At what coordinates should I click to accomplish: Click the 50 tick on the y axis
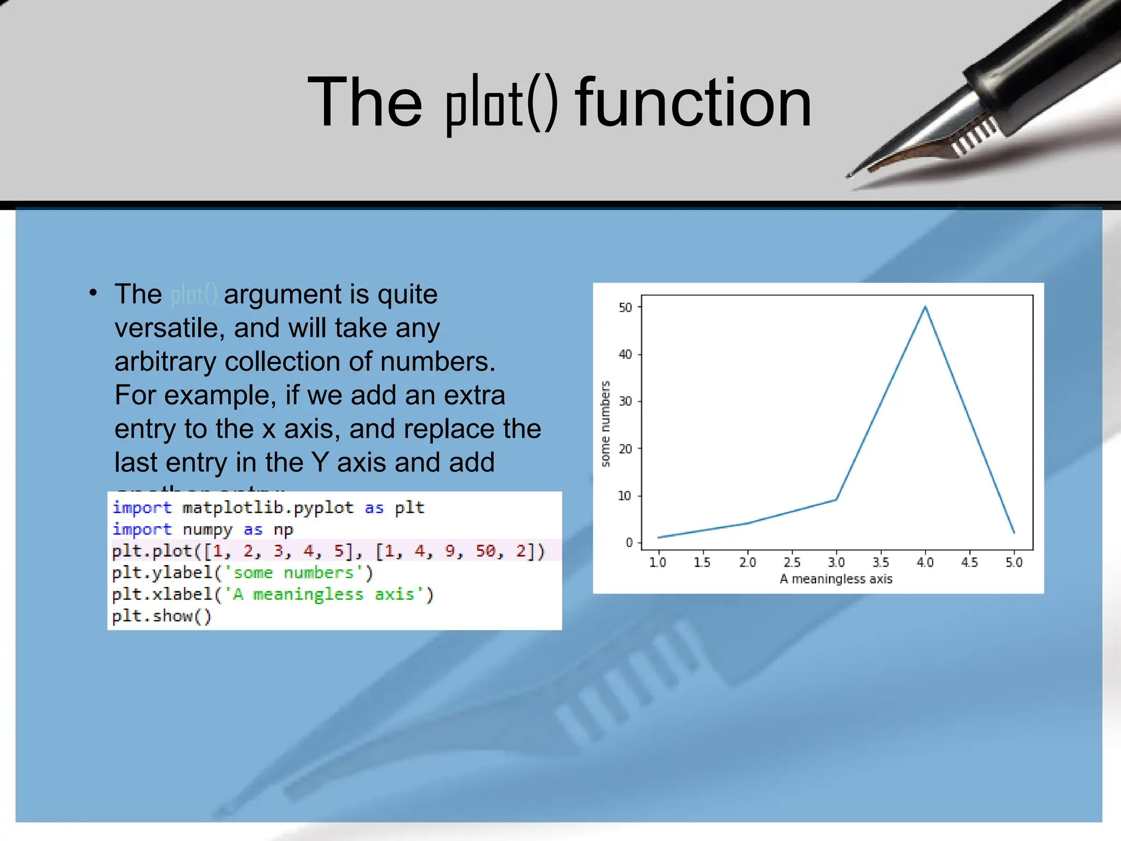point(625,308)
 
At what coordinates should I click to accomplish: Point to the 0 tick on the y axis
point(629,543)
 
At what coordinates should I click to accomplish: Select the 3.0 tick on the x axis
point(836,562)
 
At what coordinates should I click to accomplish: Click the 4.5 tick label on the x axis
point(969,562)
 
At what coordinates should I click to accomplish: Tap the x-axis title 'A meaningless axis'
point(836,579)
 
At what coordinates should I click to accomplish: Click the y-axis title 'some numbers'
point(605,424)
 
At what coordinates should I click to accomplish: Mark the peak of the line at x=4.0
point(925,307)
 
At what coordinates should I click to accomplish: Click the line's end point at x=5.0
point(1014,532)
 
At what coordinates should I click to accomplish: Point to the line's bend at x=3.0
point(836,499)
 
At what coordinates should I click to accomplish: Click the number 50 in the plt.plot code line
point(486,551)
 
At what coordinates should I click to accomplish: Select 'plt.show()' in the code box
point(161,616)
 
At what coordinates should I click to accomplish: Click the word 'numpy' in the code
point(207,529)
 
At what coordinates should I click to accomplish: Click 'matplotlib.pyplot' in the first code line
point(268,508)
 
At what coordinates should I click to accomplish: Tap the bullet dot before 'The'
point(94,293)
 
